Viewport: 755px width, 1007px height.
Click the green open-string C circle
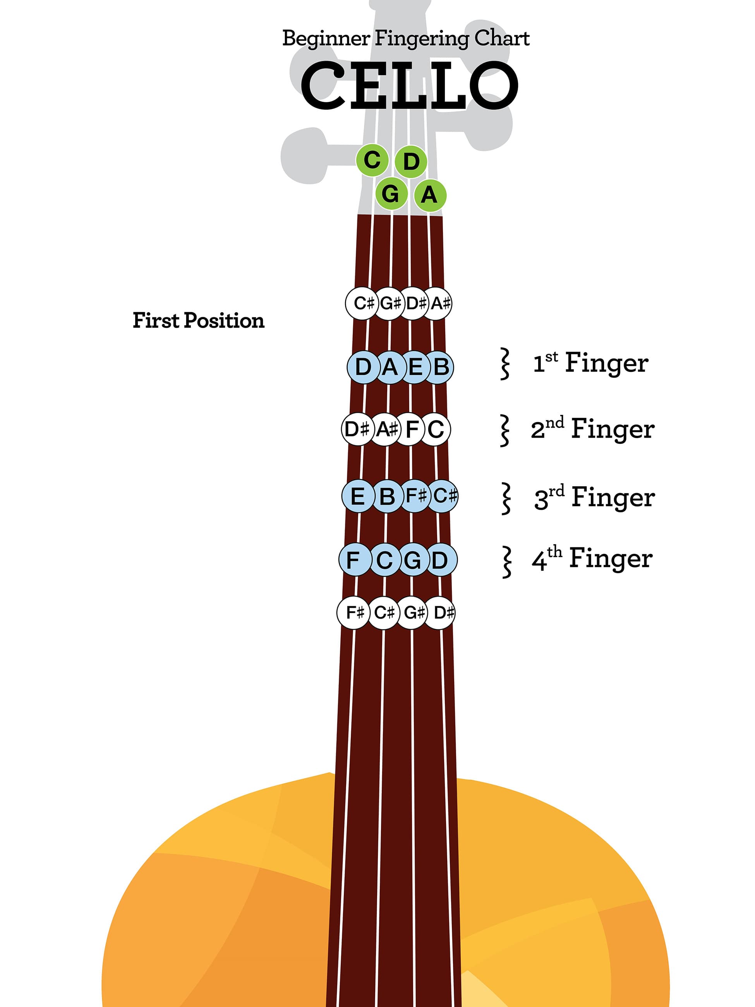(372, 160)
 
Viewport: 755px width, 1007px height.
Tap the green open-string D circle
(411, 161)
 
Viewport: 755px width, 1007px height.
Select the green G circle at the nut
(391, 194)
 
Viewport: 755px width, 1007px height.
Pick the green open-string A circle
(430, 195)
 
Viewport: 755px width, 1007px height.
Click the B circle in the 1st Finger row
(439, 367)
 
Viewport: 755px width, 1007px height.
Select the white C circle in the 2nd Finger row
(435, 429)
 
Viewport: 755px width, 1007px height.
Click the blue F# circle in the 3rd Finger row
(416, 496)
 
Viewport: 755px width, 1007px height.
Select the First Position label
(198, 320)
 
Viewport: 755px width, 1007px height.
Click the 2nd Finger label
(592, 429)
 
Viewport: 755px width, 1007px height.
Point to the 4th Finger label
(592, 558)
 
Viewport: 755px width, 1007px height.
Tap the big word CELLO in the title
(409, 85)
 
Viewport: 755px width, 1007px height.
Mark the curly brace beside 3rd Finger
(505, 499)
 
